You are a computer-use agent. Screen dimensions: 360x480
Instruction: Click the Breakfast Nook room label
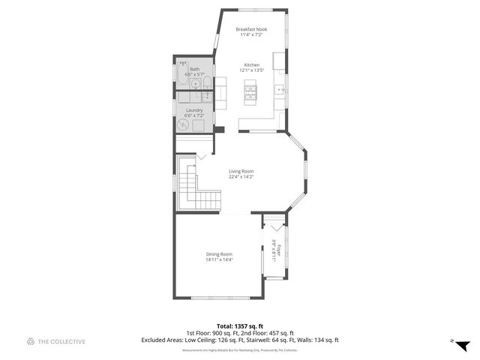(x=251, y=29)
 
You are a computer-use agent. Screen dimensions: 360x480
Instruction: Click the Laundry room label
(x=194, y=109)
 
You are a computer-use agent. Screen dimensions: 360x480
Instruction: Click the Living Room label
(x=241, y=171)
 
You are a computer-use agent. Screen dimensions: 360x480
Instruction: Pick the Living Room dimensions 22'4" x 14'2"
(x=241, y=177)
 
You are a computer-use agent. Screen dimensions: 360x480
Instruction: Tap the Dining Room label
(x=219, y=253)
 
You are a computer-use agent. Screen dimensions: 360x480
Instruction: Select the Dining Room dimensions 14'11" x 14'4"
(x=219, y=259)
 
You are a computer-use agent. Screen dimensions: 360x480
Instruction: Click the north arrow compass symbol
(x=462, y=344)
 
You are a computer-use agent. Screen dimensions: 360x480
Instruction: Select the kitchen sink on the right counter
(x=279, y=91)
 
